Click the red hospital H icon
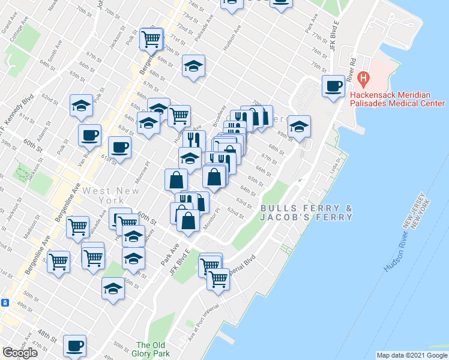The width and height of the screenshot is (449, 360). coord(363,77)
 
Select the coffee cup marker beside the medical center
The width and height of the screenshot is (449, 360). coord(333,85)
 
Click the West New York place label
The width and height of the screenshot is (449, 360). coord(111,196)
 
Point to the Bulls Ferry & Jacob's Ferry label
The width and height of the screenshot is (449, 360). coord(306,212)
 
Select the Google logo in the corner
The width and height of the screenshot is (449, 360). coord(20,353)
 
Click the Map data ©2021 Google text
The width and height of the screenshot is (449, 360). coord(412,355)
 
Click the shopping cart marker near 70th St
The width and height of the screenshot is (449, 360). coord(151,39)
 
